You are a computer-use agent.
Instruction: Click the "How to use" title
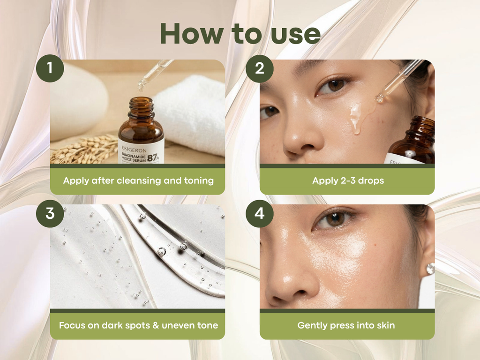pos(240,34)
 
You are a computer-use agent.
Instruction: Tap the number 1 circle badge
pos(50,68)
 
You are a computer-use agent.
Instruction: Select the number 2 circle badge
pos(259,68)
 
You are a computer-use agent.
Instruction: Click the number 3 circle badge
pos(50,213)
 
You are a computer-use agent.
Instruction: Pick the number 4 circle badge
pos(259,213)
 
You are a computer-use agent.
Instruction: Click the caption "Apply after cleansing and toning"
pos(138,180)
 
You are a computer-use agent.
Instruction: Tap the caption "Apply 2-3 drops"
pos(347,180)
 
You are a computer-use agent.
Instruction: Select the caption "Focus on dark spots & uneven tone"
pos(138,325)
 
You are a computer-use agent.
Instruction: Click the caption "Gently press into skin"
pos(347,325)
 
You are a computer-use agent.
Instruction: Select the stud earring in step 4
pos(429,269)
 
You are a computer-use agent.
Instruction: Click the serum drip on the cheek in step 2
pos(357,117)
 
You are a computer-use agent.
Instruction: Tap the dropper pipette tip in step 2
pos(380,98)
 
